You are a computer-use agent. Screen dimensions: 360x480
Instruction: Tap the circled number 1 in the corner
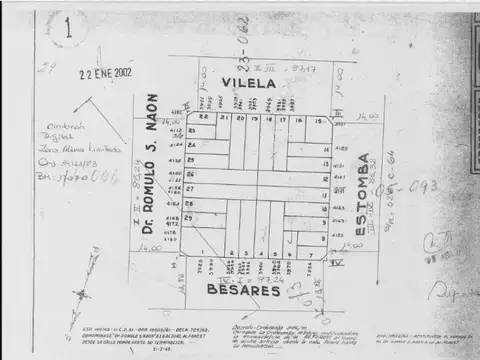(x=68, y=27)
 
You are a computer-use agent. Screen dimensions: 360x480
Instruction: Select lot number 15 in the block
(x=319, y=122)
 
